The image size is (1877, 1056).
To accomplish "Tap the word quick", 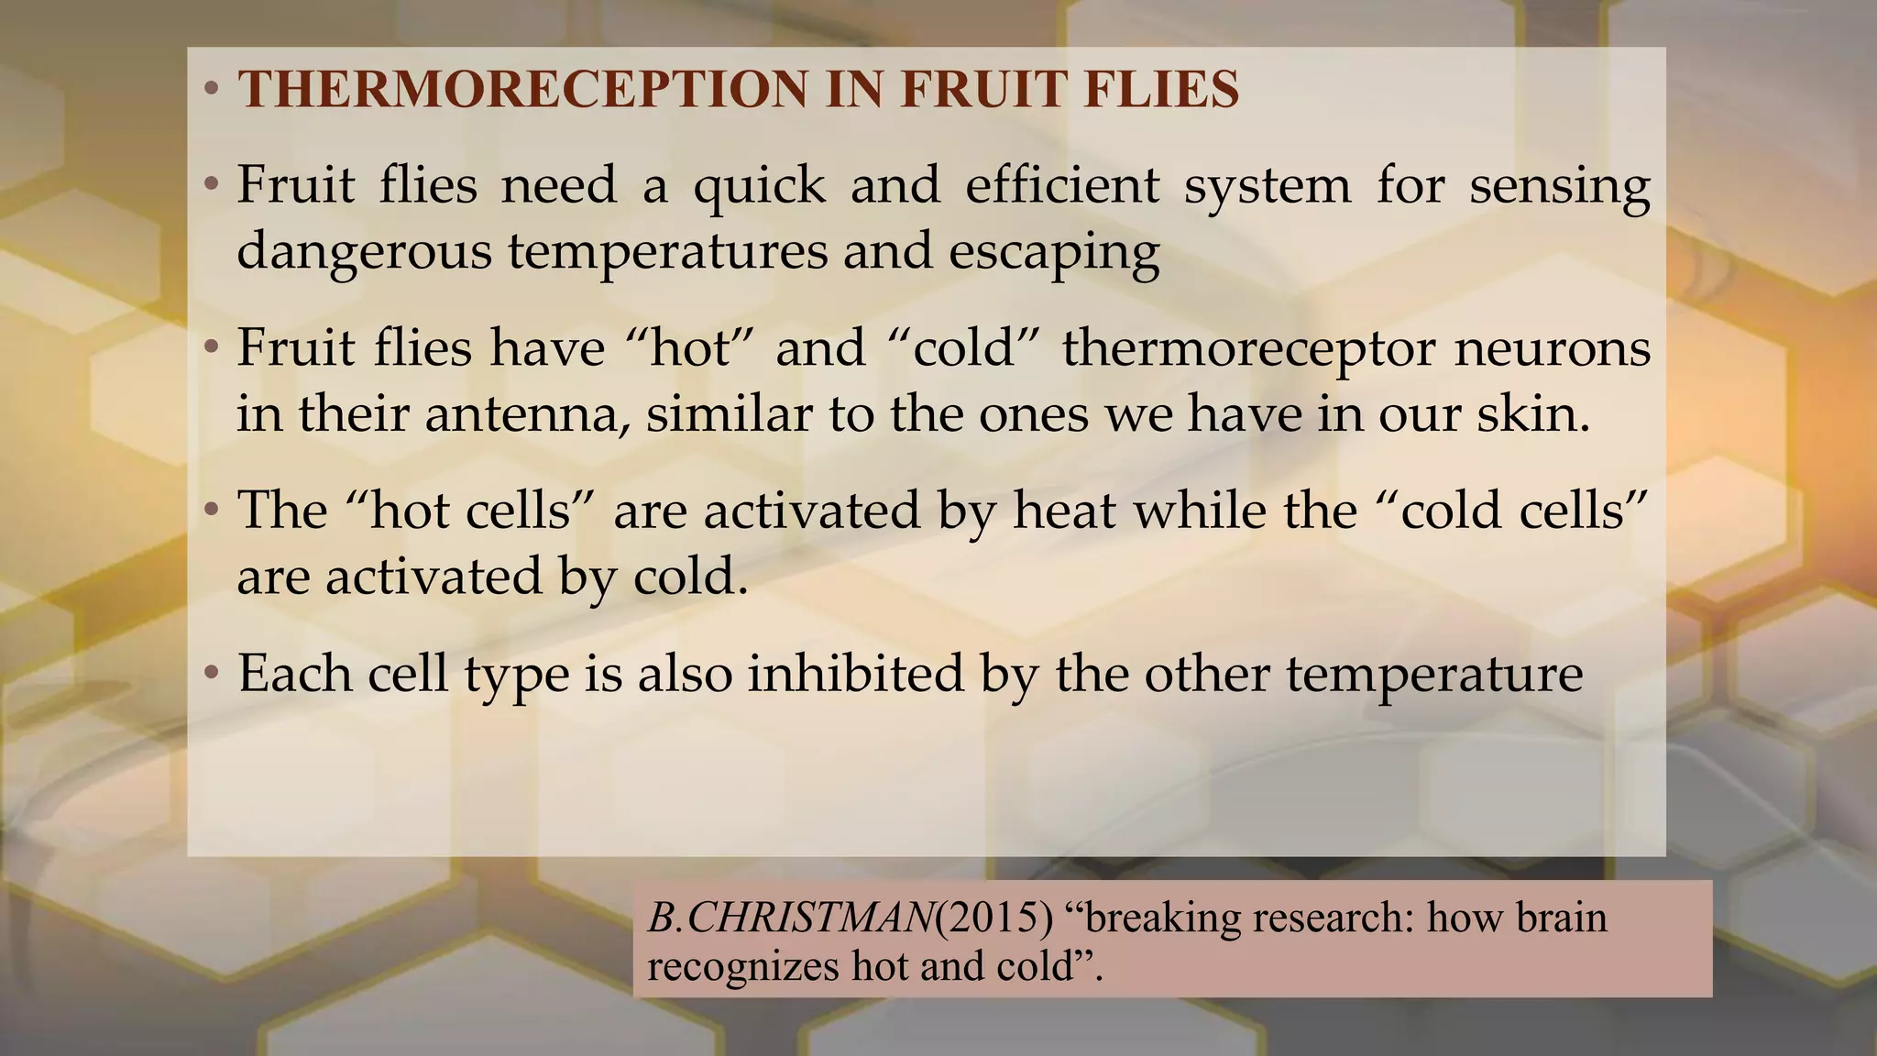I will coord(759,186).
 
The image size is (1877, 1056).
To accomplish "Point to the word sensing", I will coord(1560,186).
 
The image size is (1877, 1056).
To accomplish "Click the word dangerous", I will coord(364,251).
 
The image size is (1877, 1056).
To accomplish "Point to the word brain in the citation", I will coord(1562,918).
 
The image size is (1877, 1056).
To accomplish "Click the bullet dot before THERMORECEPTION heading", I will coord(212,90).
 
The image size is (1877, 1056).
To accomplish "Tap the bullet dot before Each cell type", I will coord(212,674).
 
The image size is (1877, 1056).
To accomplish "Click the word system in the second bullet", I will coord(1268,186).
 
